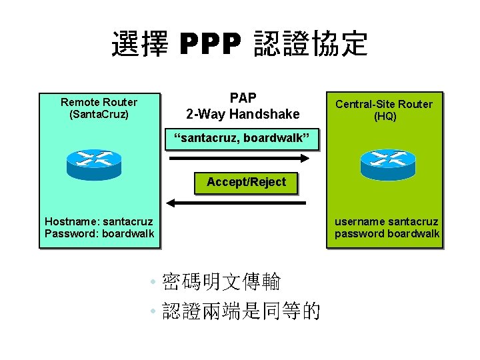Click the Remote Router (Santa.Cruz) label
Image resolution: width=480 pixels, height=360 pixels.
point(99,108)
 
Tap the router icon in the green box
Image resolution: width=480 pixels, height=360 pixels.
point(387,164)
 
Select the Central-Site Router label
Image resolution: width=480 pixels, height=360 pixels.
point(384,104)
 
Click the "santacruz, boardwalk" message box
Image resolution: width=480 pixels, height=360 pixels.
point(243,139)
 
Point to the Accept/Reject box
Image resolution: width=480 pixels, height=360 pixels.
point(246,182)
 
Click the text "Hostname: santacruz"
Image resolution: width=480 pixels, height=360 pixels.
point(99,221)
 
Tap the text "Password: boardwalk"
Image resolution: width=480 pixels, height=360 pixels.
point(99,233)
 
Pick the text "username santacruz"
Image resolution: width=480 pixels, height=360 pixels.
point(387,221)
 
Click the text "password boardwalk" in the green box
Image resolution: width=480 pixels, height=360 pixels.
point(387,233)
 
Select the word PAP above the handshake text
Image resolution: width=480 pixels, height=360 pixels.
point(243,98)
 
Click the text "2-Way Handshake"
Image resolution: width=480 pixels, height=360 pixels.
point(243,114)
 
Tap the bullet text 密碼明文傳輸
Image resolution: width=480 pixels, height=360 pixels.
point(221,281)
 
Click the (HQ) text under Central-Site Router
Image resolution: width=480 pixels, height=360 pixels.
point(385,116)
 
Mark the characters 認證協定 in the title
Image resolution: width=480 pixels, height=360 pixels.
point(311,45)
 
